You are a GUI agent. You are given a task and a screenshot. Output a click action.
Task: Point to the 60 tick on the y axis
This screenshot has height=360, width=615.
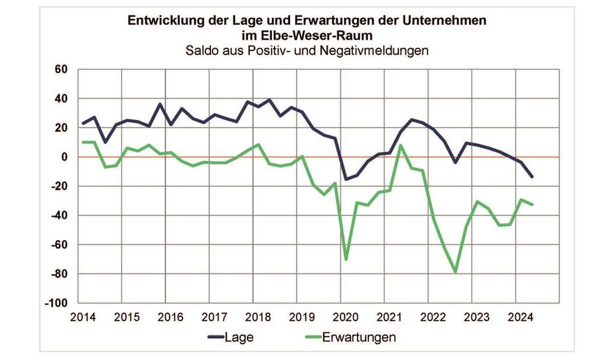(62, 70)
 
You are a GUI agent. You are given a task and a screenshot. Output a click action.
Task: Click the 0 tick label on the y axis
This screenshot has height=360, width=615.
(65, 157)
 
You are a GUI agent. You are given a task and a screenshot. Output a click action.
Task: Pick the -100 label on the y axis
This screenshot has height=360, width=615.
(57, 303)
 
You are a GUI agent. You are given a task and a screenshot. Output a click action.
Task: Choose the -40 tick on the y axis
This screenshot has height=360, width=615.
(60, 215)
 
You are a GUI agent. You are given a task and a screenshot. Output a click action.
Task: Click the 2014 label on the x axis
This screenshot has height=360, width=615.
(83, 316)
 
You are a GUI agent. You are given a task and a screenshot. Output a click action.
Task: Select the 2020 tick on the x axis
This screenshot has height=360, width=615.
(345, 316)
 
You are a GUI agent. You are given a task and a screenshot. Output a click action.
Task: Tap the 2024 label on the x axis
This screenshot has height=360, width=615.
(519, 316)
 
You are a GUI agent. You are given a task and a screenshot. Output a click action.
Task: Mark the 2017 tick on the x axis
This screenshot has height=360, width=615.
(214, 316)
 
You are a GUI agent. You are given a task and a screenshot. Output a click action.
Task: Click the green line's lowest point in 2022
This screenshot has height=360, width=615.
(455, 272)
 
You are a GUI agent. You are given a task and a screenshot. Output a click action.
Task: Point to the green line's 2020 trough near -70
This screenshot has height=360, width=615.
(346, 259)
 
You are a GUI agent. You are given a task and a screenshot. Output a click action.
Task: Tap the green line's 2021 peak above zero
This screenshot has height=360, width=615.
(401, 145)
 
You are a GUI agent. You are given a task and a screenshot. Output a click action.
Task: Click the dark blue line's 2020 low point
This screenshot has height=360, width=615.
(346, 179)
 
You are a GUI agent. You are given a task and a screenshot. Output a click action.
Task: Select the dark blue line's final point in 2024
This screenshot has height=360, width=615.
(532, 177)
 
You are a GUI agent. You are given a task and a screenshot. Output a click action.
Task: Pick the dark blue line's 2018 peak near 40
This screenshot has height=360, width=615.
(269, 100)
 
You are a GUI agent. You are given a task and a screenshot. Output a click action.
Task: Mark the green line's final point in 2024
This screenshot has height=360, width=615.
(532, 204)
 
